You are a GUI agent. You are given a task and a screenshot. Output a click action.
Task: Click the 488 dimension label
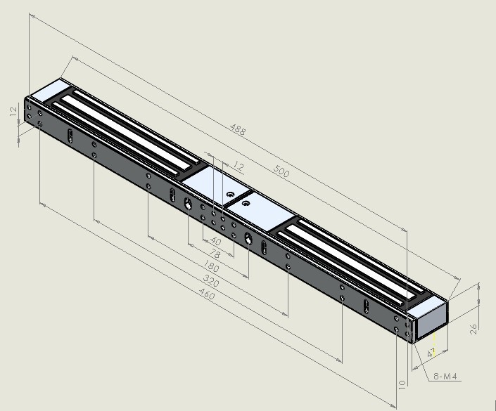coord(237,129)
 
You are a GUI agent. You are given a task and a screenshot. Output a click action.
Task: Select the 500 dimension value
coord(281,171)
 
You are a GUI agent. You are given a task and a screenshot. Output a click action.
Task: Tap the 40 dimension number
coord(216,242)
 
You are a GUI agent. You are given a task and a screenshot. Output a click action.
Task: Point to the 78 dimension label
coord(215,254)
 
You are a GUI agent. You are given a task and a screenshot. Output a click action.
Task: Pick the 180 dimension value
coord(210,266)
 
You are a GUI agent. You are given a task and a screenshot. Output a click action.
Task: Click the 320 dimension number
coord(210,280)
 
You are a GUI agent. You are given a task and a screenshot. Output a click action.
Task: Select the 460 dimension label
coord(207,294)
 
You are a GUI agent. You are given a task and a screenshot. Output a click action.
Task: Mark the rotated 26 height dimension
coord(473,329)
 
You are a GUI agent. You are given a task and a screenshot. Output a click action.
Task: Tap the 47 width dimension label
coord(431,352)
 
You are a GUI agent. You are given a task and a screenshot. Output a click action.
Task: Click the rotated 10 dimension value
coord(402,384)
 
